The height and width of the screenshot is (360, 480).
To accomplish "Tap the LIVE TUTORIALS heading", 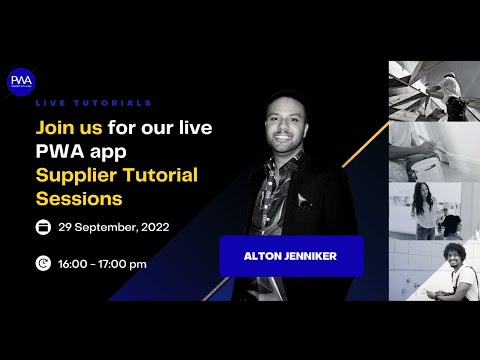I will [x=94, y=103].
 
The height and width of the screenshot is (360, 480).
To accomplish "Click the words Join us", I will [x=67, y=129].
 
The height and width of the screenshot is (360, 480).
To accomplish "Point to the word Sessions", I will [x=72, y=198].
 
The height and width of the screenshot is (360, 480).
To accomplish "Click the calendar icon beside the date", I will [x=43, y=228].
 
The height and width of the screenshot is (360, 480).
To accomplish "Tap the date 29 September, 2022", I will [x=113, y=228].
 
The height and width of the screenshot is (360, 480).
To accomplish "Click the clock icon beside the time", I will [x=43, y=264].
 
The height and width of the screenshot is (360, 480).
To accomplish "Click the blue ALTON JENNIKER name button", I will [x=291, y=256].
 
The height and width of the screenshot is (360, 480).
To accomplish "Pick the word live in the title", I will [x=192, y=129].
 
